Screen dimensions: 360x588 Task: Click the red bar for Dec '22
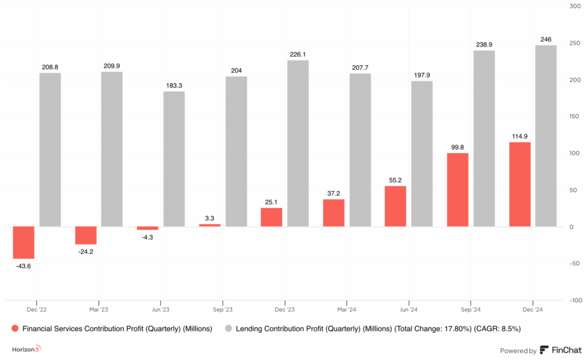pyautogui.click(x=24, y=242)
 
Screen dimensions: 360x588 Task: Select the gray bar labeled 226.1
pyautogui.click(x=297, y=144)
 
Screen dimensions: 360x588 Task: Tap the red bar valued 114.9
pyautogui.click(x=520, y=184)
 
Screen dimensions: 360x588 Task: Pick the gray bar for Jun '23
pyautogui.click(x=174, y=159)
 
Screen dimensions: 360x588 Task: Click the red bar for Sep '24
pyautogui.click(x=458, y=190)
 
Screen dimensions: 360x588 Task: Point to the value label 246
pyautogui.click(x=546, y=40)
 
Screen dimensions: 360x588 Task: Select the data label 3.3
pyautogui.click(x=210, y=219)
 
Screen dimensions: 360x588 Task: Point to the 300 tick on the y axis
pyautogui.click(x=574, y=6)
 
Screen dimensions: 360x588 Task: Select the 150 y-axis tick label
pyautogui.click(x=574, y=117)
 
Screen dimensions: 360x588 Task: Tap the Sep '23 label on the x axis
pyautogui.click(x=223, y=308)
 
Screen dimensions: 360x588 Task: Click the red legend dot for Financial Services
pyautogui.click(x=14, y=329)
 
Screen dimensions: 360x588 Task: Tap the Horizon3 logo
pyautogui.click(x=27, y=349)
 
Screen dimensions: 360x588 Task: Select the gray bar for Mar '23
pyautogui.click(x=111, y=149)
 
